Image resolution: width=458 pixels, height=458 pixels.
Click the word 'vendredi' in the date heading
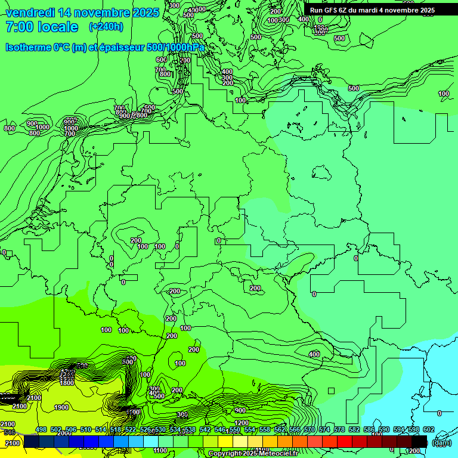point(30,13)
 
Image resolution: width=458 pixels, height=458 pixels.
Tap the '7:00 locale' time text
point(41,27)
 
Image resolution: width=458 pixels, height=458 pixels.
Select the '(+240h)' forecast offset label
point(106,27)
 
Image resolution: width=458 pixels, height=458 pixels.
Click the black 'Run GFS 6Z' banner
point(372,10)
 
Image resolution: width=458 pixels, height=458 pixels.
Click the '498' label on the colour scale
point(41,429)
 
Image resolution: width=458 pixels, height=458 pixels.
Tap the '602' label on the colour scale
point(429,429)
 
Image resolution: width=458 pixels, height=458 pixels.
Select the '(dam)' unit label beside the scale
point(442,442)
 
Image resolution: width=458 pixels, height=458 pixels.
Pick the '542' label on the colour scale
point(205,429)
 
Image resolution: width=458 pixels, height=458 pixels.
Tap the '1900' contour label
point(61,408)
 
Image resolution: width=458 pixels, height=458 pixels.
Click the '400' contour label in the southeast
point(314,354)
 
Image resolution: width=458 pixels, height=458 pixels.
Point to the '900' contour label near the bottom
point(240,410)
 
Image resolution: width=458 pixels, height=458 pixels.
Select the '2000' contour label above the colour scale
point(64,434)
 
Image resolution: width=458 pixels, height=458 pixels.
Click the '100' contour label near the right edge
point(444,94)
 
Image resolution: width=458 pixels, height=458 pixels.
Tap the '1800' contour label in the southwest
point(67,383)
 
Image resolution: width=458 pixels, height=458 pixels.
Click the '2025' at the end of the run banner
point(425,10)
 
